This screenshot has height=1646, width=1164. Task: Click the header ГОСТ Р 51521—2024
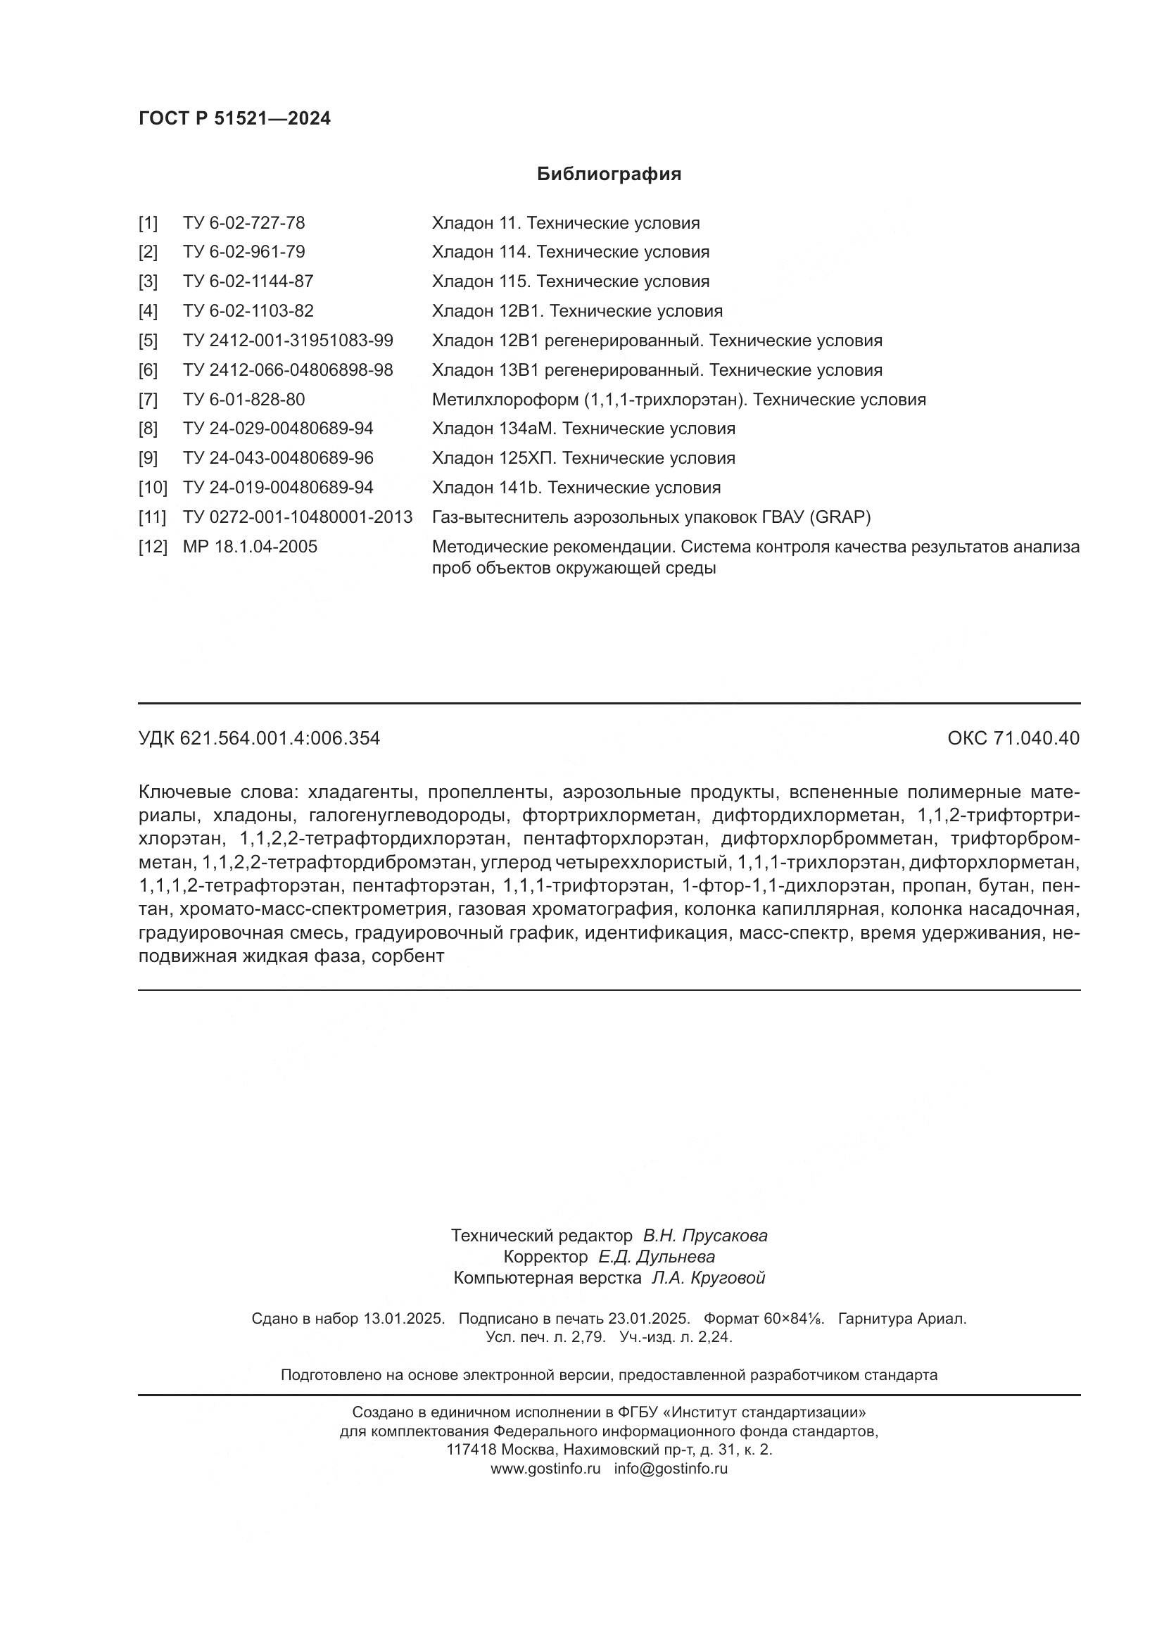point(234,119)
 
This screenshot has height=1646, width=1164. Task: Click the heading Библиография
point(609,175)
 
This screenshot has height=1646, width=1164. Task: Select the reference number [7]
point(148,399)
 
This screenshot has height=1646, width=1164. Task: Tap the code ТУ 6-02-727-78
point(243,223)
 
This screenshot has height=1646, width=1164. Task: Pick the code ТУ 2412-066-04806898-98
point(287,370)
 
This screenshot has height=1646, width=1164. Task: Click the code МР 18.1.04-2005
point(249,547)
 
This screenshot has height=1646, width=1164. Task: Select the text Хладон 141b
point(486,488)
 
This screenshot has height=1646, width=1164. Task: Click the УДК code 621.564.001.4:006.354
point(279,738)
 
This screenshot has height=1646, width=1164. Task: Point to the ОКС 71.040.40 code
point(1013,738)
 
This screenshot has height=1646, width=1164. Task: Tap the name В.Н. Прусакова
point(704,1235)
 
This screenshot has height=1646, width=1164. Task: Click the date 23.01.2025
point(649,1318)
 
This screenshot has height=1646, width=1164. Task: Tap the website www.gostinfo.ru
point(545,1468)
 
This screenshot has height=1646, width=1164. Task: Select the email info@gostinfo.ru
point(670,1468)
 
